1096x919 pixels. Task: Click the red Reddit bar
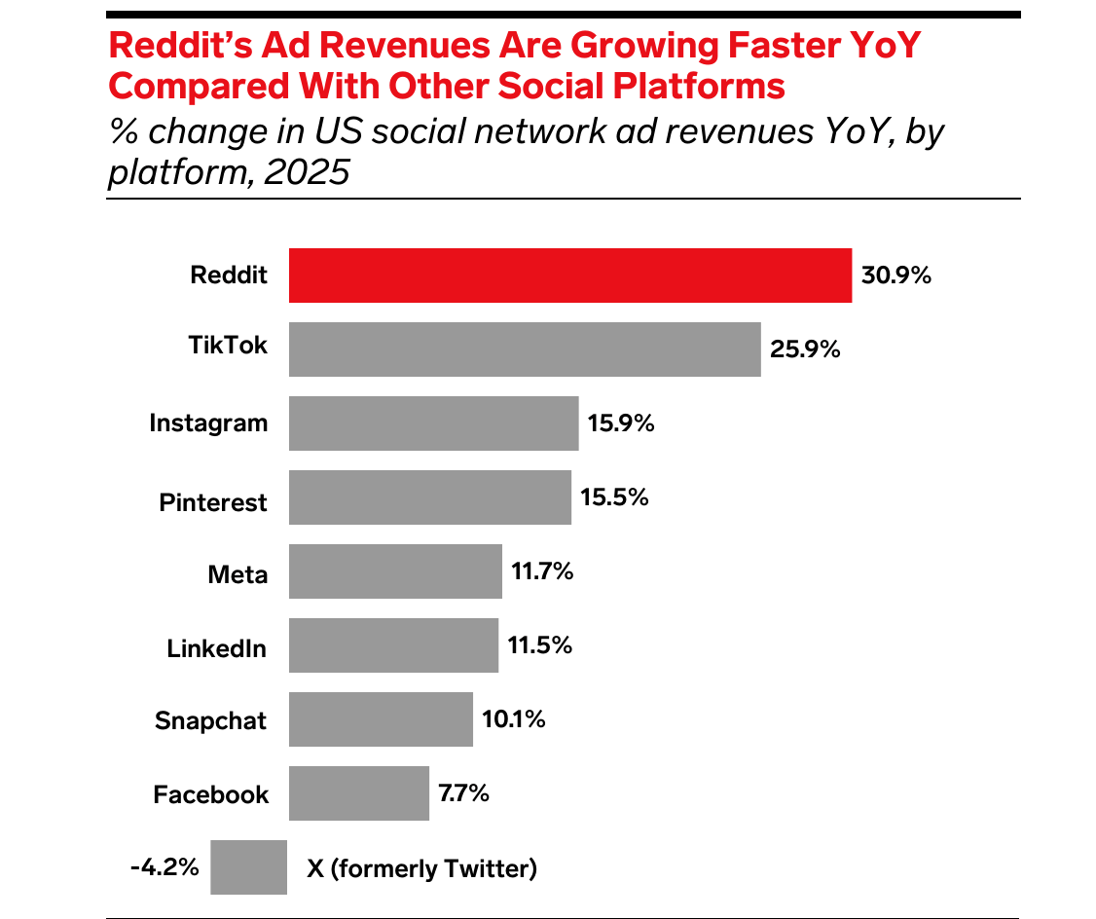tap(570, 276)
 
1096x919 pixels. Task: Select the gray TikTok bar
tap(525, 349)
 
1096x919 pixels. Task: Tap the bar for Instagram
tap(433, 423)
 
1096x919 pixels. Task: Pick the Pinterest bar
tap(429, 497)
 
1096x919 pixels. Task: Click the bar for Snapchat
tap(381, 719)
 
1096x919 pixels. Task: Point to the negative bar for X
tap(248, 866)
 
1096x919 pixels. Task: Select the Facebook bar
tap(358, 793)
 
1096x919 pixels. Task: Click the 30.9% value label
tap(896, 276)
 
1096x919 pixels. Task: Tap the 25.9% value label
tap(805, 349)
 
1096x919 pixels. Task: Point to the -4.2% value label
tap(164, 865)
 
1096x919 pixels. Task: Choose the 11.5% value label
tap(539, 645)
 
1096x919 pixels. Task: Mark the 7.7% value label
tap(463, 792)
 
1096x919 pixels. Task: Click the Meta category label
tap(237, 574)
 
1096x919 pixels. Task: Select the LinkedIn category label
tap(216, 648)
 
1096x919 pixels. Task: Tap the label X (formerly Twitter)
tap(421, 867)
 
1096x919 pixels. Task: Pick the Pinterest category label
tap(213, 502)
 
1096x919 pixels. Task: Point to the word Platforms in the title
tap(692, 86)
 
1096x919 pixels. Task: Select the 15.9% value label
tap(621, 423)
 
